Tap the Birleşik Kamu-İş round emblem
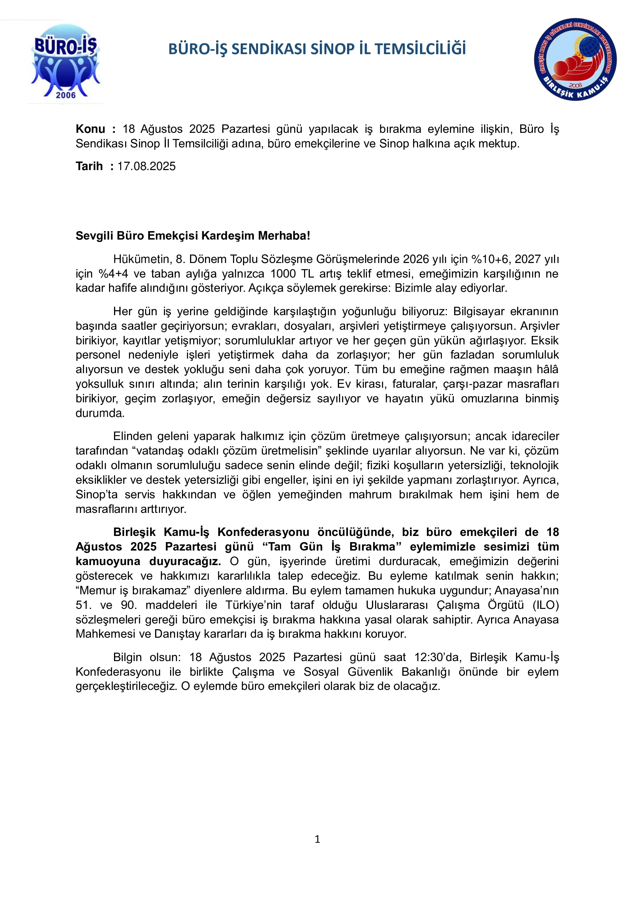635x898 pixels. [x=575, y=60]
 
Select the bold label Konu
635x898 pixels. [x=90, y=129]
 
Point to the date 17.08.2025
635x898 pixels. [x=147, y=166]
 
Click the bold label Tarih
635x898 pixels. [x=89, y=166]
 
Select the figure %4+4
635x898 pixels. [x=113, y=274]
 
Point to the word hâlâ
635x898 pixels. [x=549, y=369]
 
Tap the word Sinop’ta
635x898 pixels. [x=97, y=494]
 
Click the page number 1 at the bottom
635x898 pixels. [x=317, y=839]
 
